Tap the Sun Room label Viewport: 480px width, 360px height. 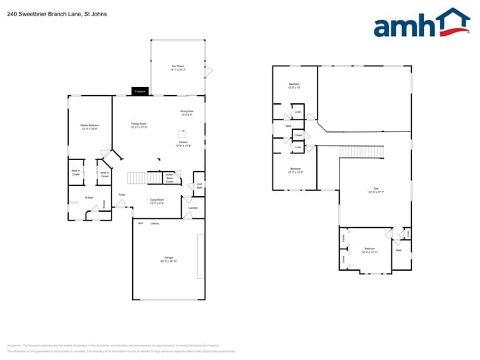tap(178, 68)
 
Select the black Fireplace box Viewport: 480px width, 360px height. tap(140, 91)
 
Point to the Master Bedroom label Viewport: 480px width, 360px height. tap(89, 126)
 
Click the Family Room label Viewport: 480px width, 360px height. tap(139, 125)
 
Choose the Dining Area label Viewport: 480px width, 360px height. tap(186, 113)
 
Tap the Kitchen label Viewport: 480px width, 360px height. tap(183, 144)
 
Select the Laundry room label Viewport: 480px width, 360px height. tap(193, 208)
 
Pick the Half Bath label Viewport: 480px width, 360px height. tap(199, 186)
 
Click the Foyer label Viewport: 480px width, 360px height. tap(121, 195)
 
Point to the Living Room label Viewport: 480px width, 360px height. tap(157, 201)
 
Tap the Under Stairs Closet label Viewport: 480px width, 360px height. tap(169, 178)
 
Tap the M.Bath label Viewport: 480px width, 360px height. tap(89, 198)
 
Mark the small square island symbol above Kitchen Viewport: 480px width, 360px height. tap(181, 134)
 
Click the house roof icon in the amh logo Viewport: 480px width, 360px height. tap(451, 19)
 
